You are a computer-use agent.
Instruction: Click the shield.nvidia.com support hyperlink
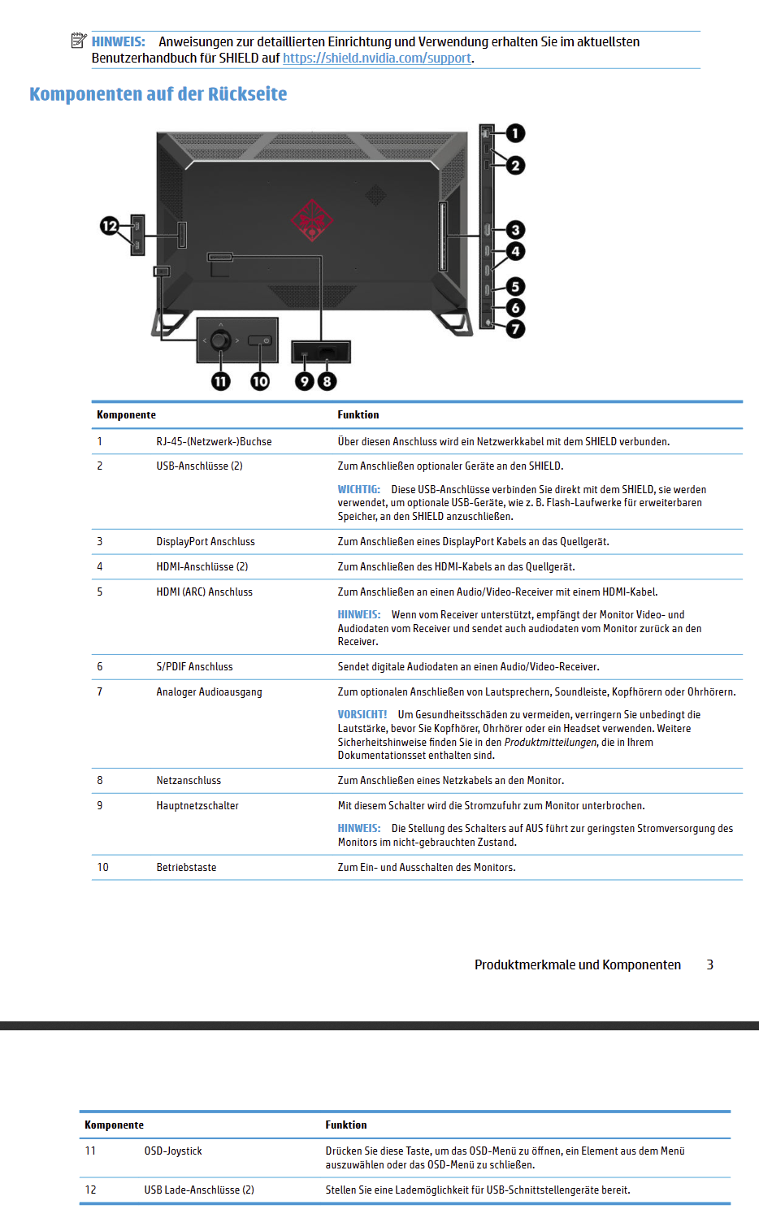point(377,59)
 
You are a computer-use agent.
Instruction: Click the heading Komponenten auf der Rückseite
point(158,94)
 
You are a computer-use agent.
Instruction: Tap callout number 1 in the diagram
point(515,133)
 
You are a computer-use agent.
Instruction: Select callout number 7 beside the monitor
point(515,329)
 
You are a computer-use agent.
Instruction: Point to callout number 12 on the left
point(110,226)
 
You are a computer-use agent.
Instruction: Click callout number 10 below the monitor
point(260,381)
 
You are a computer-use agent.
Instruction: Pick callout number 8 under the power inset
point(327,381)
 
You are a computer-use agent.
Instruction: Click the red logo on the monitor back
point(312,221)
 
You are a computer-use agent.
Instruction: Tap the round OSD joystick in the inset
point(220,340)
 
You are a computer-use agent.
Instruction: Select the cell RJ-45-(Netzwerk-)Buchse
point(214,442)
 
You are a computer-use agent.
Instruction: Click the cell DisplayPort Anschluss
point(206,542)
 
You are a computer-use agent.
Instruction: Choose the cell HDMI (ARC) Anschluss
point(204,592)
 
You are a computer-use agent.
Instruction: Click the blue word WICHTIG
point(358,490)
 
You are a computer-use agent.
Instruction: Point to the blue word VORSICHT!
point(362,715)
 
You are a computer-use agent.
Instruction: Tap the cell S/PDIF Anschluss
point(194,667)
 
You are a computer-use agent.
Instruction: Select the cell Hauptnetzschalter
point(197,806)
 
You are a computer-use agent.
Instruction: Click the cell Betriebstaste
point(186,868)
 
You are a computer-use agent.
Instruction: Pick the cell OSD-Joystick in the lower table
point(173,1151)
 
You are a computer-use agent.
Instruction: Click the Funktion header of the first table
point(358,415)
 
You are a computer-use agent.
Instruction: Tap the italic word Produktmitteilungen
point(550,743)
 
